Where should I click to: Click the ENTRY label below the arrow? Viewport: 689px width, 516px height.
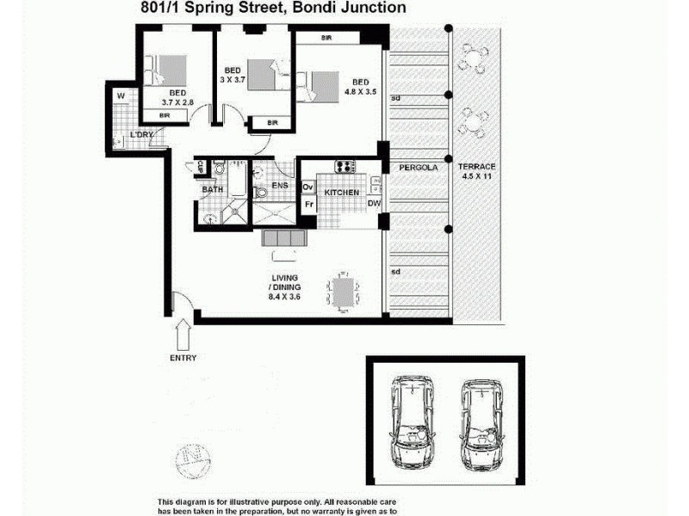click(x=183, y=358)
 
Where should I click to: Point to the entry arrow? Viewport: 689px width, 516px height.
click(x=183, y=335)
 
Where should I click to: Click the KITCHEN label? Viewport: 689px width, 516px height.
click(x=342, y=193)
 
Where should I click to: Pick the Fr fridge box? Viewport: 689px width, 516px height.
click(x=307, y=205)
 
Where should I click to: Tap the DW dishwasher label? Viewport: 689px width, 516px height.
click(x=374, y=204)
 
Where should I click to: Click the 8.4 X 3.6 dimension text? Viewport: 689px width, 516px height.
click(x=285, y=297)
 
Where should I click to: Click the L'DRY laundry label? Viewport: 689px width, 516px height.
click(x=140, y=136)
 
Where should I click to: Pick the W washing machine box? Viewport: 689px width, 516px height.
click(x=121, y=95)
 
